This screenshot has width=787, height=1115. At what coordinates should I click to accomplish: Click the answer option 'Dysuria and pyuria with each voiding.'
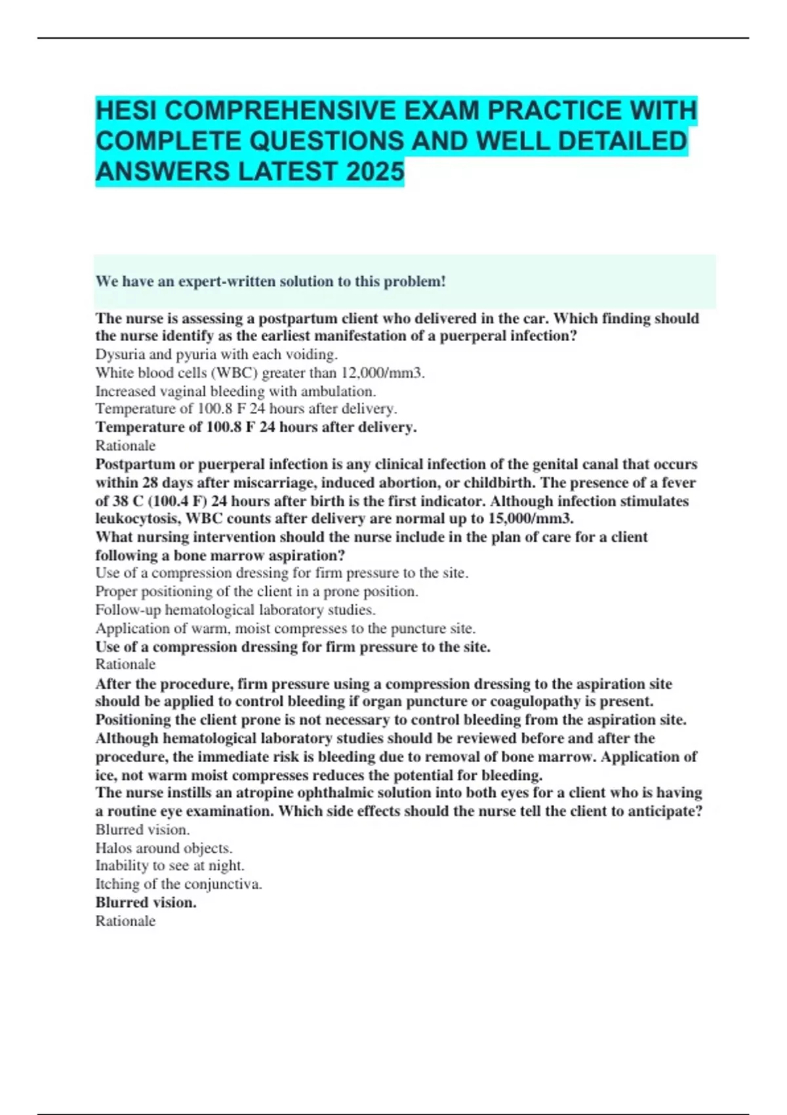[216, 354]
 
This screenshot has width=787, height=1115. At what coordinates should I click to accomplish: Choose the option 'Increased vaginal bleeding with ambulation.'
[235, 391]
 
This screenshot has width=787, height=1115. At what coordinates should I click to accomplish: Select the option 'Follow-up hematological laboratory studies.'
[235, 609]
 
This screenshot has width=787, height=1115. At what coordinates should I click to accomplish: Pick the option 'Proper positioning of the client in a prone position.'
[256, 591]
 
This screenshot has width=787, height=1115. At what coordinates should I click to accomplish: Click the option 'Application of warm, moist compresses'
[285, 628]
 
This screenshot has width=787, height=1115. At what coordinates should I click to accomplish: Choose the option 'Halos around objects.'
[164, 847]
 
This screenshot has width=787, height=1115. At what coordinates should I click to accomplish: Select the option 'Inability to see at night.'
[170, 865]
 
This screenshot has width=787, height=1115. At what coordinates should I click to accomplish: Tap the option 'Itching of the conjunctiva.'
[178, 883]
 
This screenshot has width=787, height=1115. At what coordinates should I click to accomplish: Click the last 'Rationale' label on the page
[125, 921]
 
